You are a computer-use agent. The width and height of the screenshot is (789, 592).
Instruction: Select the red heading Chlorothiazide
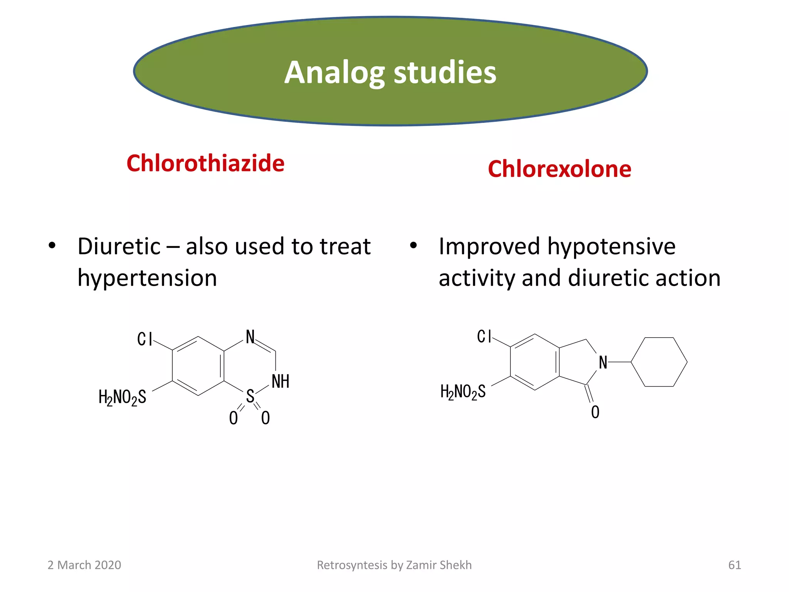205,163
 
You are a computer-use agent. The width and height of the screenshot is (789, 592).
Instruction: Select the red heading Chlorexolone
559,169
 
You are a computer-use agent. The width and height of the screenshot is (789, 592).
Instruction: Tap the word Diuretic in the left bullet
119,247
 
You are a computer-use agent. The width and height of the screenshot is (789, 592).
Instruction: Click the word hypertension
147,278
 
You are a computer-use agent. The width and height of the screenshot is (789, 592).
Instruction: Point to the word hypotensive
611,247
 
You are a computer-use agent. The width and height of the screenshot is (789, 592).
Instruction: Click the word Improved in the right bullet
489,247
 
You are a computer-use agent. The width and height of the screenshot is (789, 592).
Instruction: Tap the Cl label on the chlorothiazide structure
145,339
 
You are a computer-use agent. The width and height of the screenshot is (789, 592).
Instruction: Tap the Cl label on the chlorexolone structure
484,336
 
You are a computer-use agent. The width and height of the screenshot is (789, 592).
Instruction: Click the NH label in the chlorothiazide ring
280,382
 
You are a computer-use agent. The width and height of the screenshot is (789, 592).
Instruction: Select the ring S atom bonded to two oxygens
250,396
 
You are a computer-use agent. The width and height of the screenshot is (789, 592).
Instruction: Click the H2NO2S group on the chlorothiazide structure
123,397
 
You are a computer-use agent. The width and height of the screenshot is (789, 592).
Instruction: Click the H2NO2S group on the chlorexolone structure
463,392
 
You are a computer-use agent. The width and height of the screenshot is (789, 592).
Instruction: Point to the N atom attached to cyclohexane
603,363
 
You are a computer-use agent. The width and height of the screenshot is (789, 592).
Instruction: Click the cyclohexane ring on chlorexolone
659,362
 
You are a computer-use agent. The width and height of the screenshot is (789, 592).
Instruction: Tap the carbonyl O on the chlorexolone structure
595,412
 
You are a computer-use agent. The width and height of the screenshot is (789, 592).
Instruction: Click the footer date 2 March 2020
84,565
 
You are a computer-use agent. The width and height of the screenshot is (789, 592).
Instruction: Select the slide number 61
734,565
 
